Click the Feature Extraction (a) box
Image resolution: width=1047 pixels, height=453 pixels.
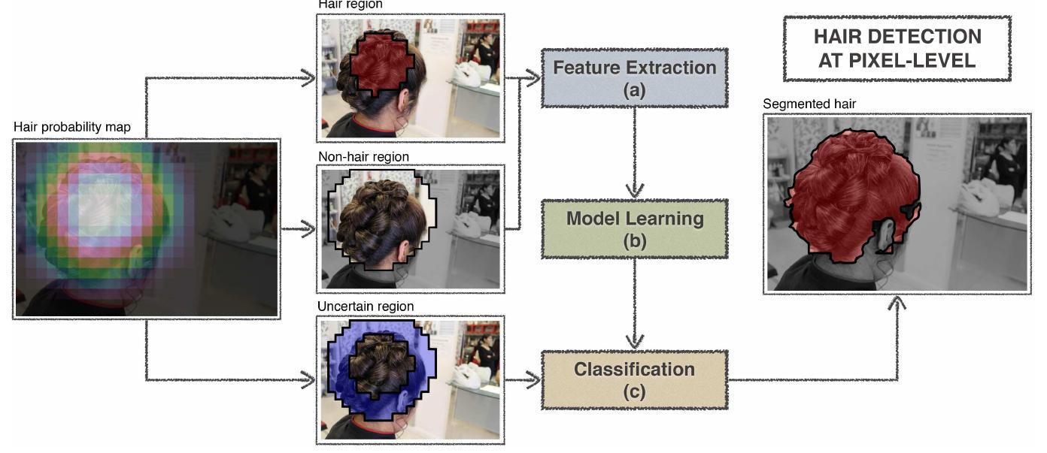(634, 78)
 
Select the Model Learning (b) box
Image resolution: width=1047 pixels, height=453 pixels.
(634, 229)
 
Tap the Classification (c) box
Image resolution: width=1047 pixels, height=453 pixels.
(634, 379)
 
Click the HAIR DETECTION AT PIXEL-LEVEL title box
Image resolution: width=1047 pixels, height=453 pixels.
(897, 48)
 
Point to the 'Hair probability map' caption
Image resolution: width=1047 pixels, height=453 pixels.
(72, 128)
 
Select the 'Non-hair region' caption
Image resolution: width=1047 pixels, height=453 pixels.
(363, 157)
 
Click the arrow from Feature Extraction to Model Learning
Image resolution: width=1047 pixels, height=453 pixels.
(635, 150)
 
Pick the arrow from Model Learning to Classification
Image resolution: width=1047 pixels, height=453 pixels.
(635, 300)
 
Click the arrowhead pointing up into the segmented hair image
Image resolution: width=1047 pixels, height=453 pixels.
(896, 303)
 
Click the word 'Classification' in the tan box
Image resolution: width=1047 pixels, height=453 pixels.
(634, 370)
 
